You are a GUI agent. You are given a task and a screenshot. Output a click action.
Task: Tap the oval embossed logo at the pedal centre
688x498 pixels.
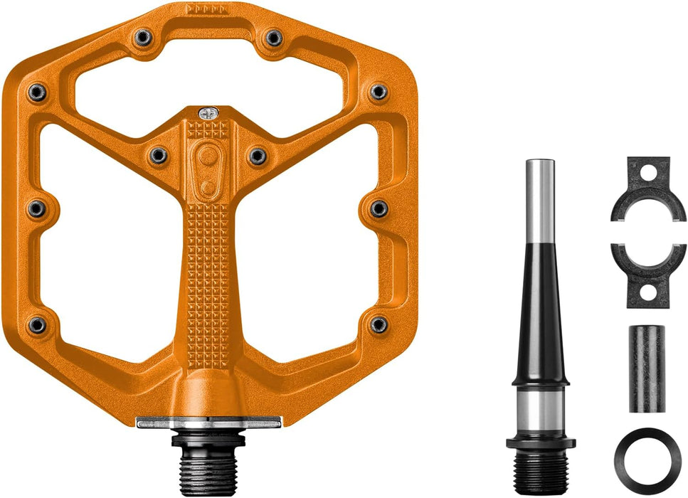point(208,166)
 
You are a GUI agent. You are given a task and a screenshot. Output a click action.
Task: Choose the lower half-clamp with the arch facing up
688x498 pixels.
point(647,275)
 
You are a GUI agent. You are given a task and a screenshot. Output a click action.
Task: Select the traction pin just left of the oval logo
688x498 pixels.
point(159,154)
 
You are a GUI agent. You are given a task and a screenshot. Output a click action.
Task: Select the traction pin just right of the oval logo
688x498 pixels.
point(257,155)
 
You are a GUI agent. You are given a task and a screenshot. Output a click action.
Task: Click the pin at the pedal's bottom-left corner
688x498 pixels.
point(37,325)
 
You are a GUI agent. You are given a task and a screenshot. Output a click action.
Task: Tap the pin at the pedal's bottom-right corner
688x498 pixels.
point(379,324)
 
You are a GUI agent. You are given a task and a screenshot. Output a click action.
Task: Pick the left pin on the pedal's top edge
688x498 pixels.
point(144,36)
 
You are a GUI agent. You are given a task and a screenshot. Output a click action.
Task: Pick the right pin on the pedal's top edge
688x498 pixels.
point(272,37)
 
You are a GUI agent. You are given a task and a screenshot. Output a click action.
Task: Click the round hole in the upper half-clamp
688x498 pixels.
point(647,173)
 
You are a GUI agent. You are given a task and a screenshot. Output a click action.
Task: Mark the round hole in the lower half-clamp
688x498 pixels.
point(647,292)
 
